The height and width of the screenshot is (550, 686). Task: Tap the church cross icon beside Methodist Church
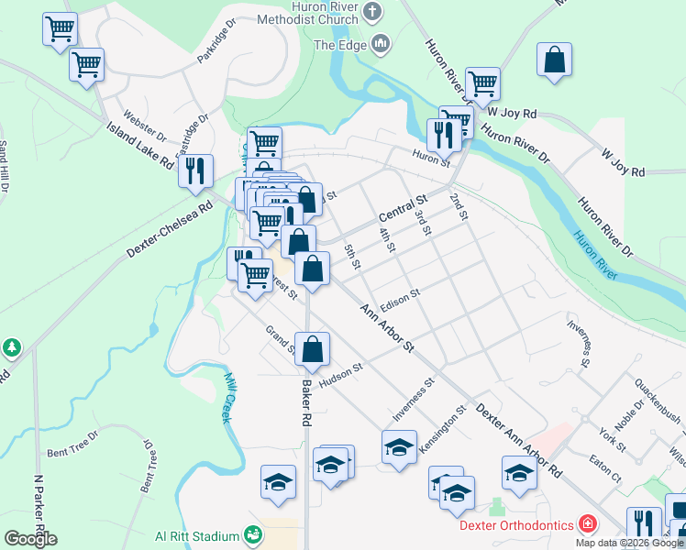371,12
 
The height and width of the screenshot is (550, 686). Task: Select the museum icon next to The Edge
381,43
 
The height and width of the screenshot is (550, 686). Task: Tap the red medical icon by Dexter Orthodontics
587,525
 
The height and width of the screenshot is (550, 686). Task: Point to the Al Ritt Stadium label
196,536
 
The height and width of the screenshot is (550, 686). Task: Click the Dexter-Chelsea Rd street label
170,228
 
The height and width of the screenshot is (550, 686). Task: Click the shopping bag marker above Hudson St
312,348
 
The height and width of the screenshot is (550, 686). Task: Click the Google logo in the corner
30,538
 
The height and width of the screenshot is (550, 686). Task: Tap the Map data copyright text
630,543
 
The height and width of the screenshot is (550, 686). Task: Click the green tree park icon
11,348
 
